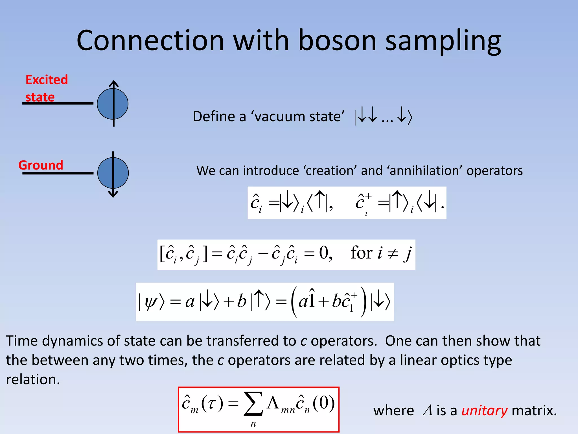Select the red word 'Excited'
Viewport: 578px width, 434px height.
pos(47,80)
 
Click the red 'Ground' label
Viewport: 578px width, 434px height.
pos(41,165)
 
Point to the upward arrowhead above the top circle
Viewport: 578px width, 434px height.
pos(113,83)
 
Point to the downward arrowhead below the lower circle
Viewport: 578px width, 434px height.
pos(113,194)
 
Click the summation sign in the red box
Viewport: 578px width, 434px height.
pos(253,403)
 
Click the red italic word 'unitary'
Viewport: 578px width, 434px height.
pos(484,410)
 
